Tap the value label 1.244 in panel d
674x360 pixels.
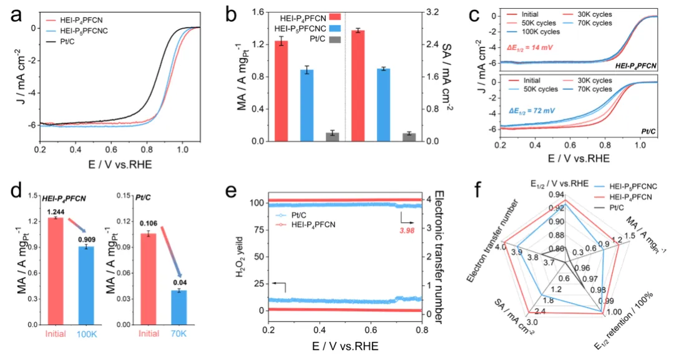(56, 212)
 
